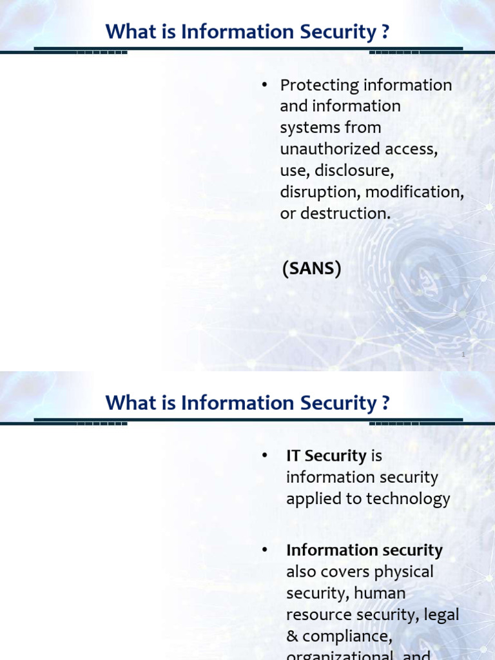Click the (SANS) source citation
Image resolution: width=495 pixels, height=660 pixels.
pyautogui.click(x=311, y=269)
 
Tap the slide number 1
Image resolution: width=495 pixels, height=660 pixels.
pyautogui.click(x=463, y=354)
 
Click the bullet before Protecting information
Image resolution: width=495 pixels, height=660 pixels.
pyautogui.click(x=264, y=85)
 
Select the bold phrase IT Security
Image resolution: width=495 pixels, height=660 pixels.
pyautogui.click(x=325, y=456)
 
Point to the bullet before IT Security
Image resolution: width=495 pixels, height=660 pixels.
pyautogui.click(x=264, y=456)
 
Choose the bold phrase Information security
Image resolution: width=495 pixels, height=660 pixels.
pyautogui.click(x=364, y=550)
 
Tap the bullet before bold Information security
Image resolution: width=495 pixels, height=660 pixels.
pyautogui.click(x=264, y=550)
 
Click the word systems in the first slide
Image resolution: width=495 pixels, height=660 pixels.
pyautogui.click(x=307, y=128)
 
